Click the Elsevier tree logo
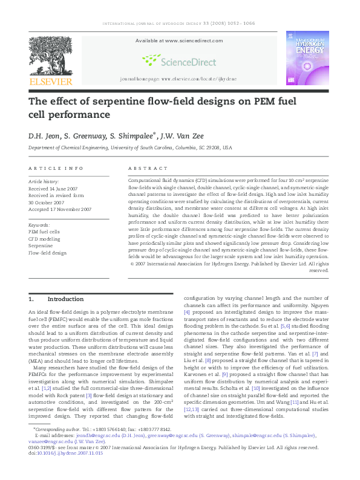pyautogui.click(x=50, y=55)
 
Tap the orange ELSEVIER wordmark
pyautogui.click(x=51, y=82)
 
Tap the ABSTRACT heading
pyautogui.click(x=148, y=168)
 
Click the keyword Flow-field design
pyautogui.click(x=48, y=253)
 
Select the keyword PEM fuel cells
pyautogui.click(x=45, y=232)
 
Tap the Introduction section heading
pyautogui.click(x=65, y=299)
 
